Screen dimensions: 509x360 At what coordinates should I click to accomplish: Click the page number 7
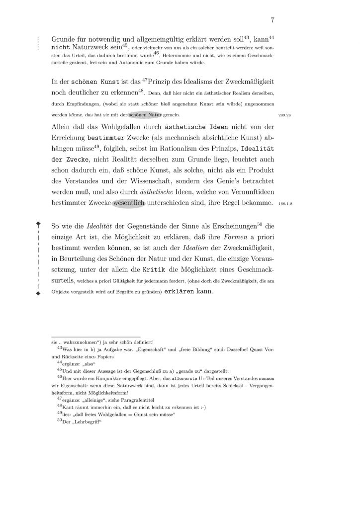(273, 20)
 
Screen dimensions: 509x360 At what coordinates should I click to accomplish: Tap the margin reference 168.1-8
(287, 204)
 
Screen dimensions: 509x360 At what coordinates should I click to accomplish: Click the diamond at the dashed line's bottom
(38, 293)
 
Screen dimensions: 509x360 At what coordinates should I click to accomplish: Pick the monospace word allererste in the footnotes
(185, 377)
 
